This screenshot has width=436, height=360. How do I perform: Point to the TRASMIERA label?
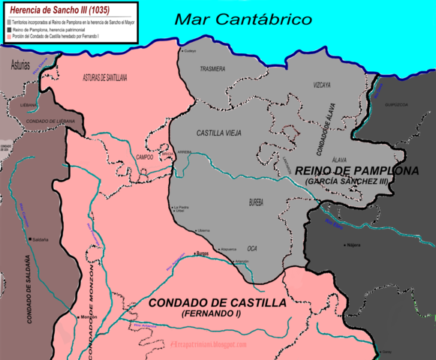tap(212, 68)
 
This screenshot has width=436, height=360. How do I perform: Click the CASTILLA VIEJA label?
tap(219, 133)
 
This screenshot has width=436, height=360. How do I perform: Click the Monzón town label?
tap(89, 317)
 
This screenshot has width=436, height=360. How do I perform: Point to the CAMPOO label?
tap(145, 157)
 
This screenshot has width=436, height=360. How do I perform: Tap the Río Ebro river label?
tap(332, 223)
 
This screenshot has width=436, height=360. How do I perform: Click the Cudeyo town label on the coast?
tap(190, 51)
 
